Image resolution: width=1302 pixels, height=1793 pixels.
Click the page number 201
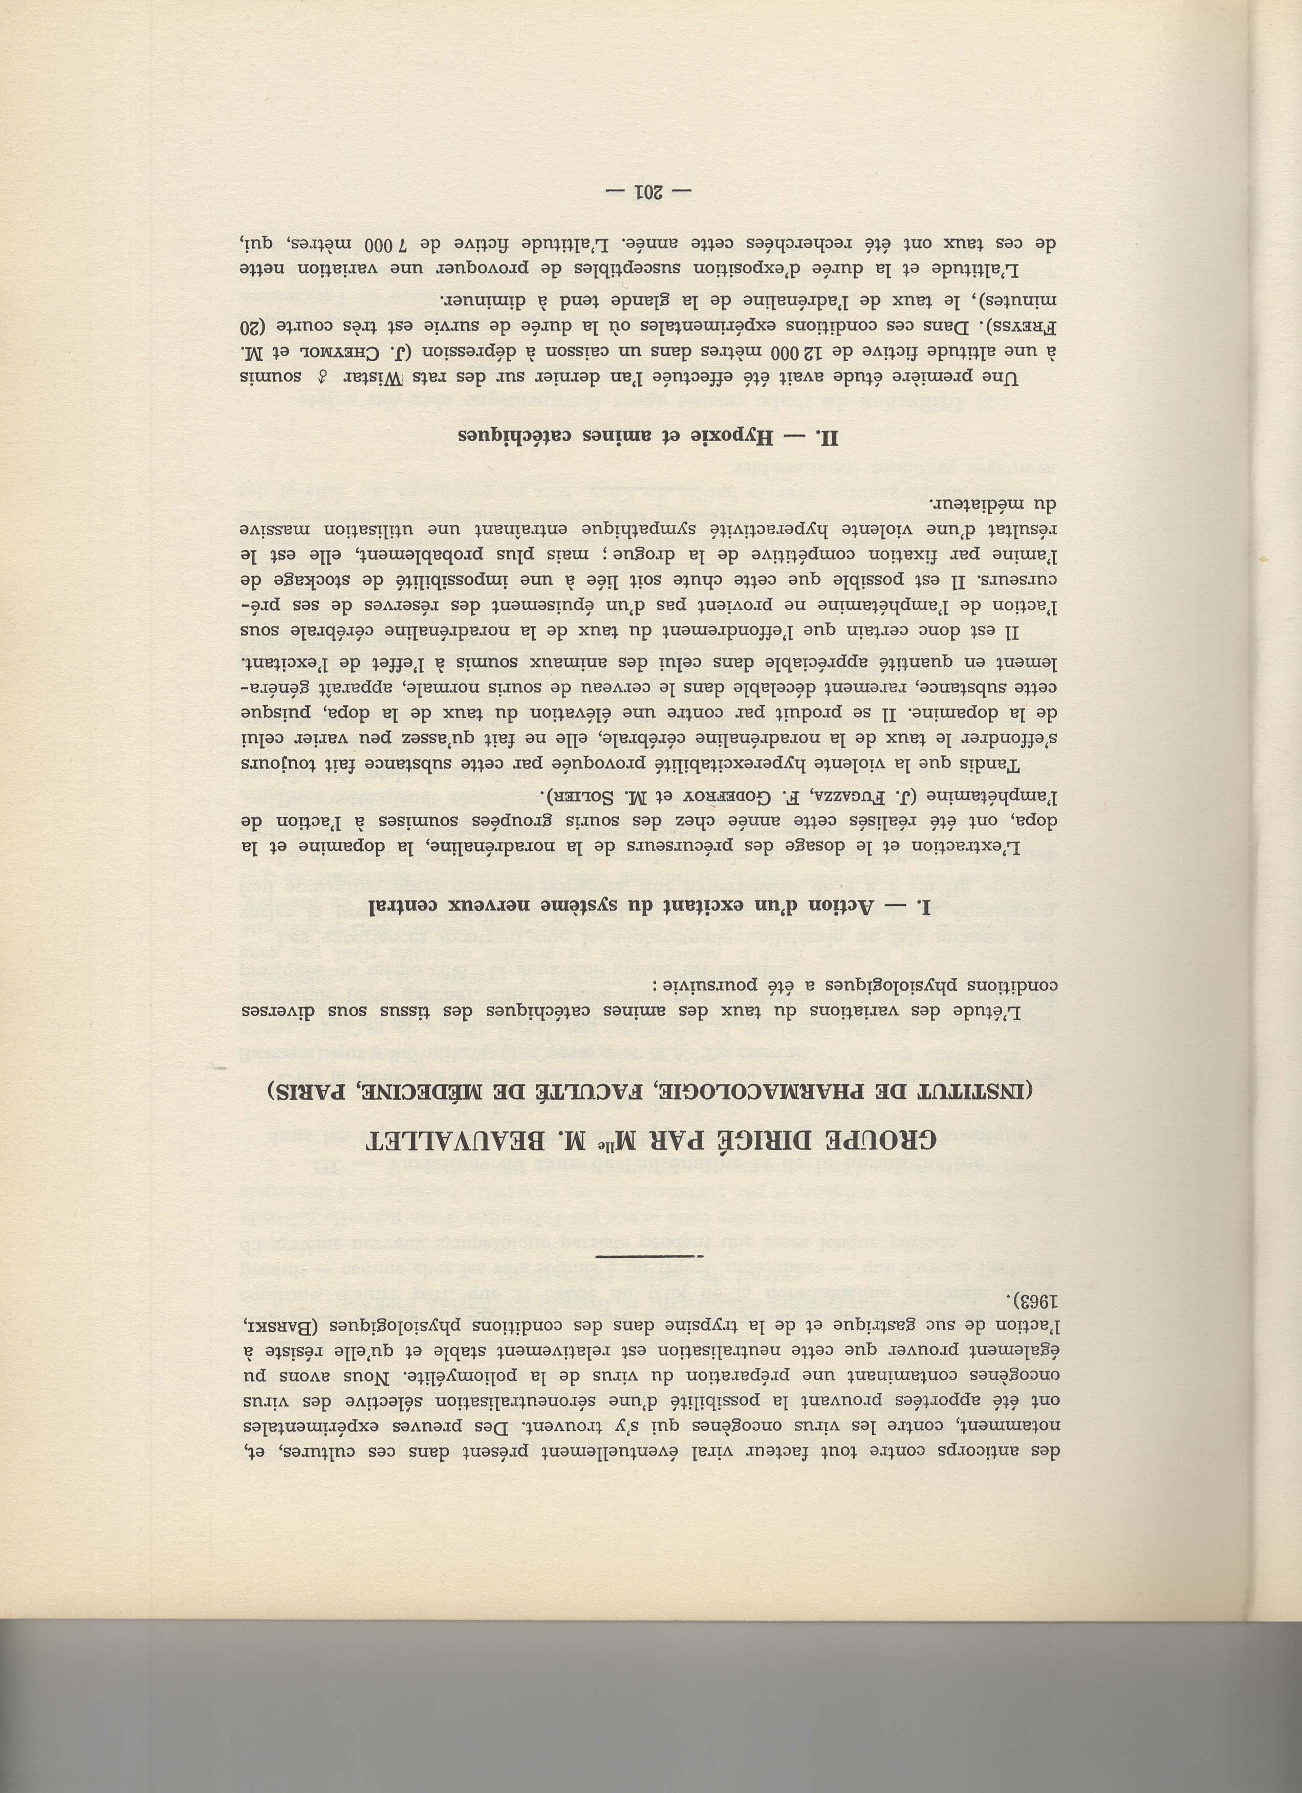[647, 191]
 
